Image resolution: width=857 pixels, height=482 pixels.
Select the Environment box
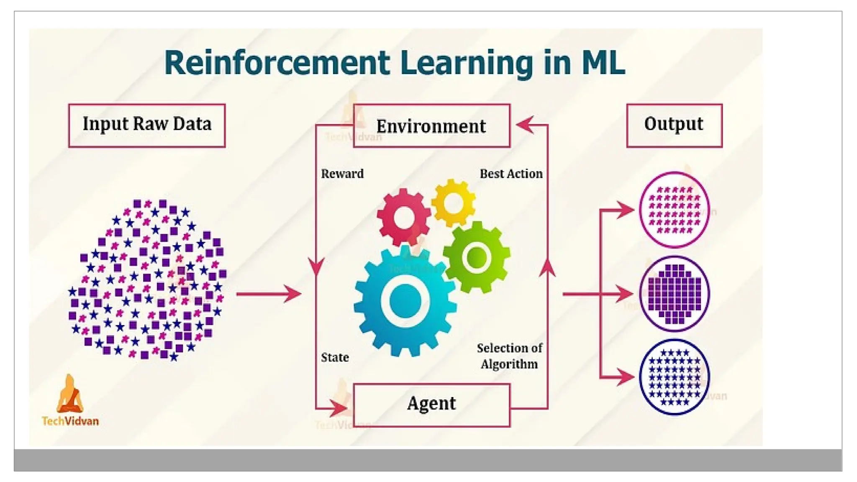[431, 126]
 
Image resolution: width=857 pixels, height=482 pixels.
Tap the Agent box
[431, 405]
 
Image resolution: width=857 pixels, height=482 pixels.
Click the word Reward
[342, 174]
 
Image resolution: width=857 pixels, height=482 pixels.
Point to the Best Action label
[511, 174]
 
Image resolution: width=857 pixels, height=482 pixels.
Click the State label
[335, 357]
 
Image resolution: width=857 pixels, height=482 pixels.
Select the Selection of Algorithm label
[509, 356]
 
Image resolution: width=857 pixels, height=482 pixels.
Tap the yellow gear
[453, 203]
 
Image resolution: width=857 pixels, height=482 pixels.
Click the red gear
[403, 217]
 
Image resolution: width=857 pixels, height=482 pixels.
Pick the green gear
[477, 256]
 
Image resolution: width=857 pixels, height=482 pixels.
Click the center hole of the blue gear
[405, 300]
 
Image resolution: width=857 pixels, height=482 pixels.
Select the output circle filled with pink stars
[674, 210]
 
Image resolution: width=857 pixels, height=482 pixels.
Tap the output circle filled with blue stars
[674, 377]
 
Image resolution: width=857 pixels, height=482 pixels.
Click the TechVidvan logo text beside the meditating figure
[70, 421]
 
